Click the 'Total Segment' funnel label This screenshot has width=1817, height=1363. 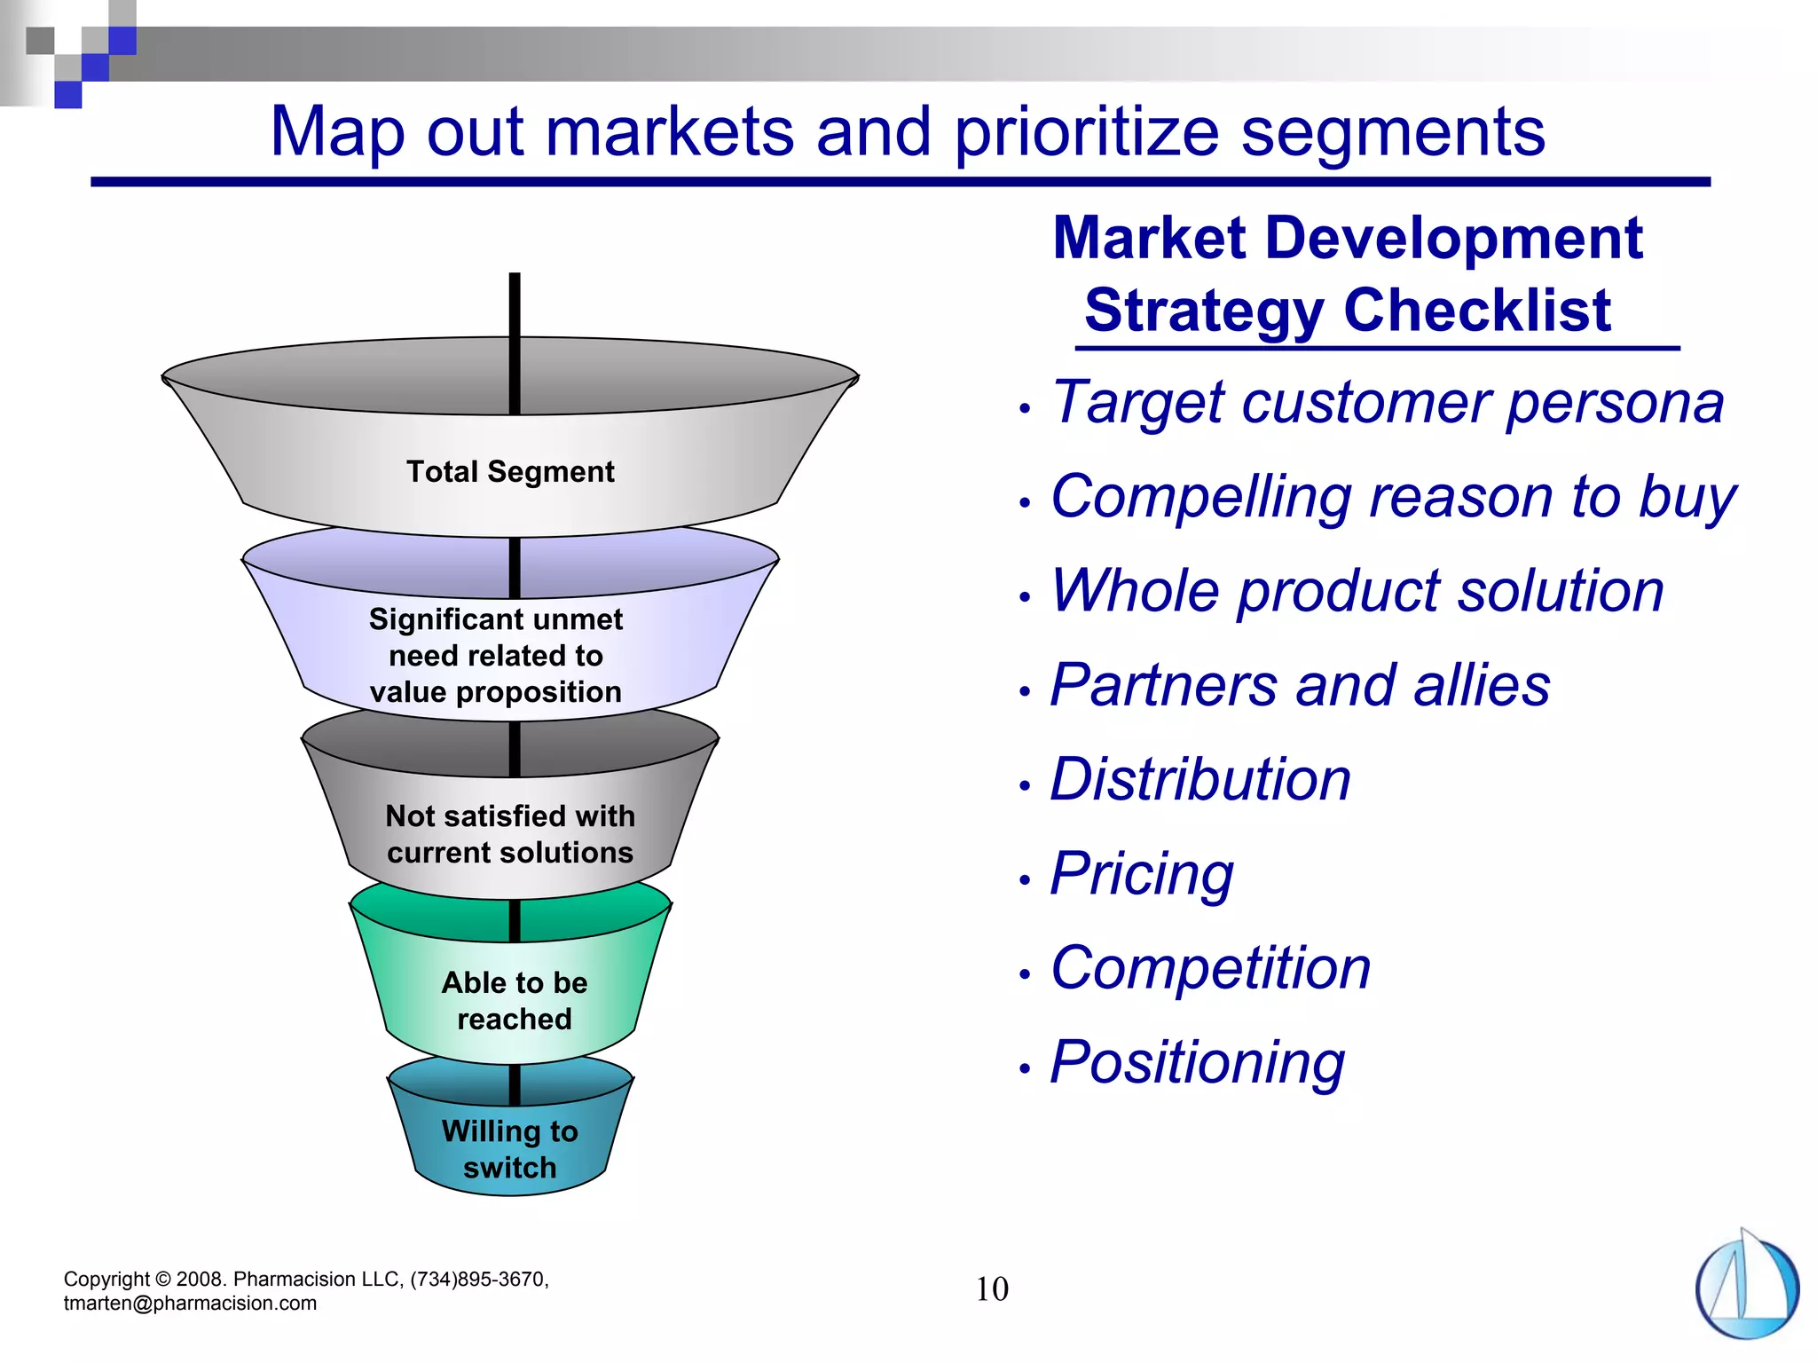click(x=510, y=472)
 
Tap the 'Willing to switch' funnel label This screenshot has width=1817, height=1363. click(x=510, y=1149)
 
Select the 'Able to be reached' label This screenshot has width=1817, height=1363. click(x=515, y=1001)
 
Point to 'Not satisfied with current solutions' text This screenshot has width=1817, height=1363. click(x=510, y=834)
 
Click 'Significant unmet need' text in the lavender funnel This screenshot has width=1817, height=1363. click(x=495, y=619)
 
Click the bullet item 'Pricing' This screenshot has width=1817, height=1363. click(x=1142, y=874)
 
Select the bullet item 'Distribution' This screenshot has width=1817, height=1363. click(x=1200, y=780)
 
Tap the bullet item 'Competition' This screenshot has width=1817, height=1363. click(x=1210, y=968)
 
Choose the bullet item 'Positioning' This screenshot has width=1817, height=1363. click(x=1197, y=1062)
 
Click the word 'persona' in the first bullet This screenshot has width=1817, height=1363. click(x=1615, y=404)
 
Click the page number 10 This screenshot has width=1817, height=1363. click(x=992, y=1289)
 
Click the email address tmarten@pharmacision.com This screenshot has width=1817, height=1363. click(x=190, y=1304)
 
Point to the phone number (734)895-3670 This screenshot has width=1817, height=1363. click(x=477, y=1280)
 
